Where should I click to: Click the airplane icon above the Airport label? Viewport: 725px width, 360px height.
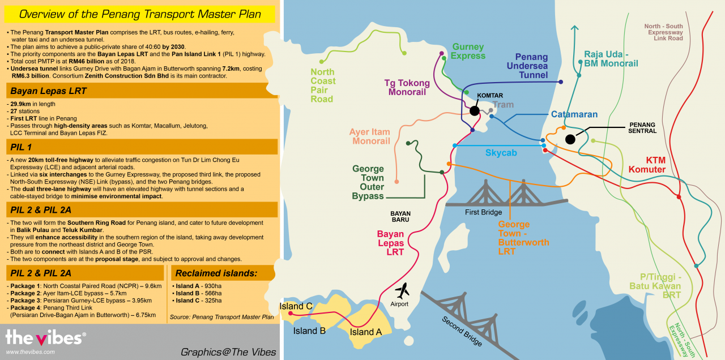[x=402, y=291]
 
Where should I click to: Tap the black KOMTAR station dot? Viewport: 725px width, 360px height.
[x=475, y=111]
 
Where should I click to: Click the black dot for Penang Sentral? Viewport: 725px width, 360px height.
[x=570, y=139]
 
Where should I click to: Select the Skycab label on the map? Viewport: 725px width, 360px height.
[x=501, y=153]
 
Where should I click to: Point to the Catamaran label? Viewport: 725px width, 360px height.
[x=574, y=114]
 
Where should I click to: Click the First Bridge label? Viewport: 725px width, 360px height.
[x=483, y=212]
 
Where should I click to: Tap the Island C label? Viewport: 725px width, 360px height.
[x=296, y=306]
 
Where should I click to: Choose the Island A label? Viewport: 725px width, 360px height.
[x=366, y=332]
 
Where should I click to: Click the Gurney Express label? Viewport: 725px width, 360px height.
[x=468, y=51]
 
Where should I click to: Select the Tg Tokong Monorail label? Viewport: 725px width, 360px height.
[x=407, y=87]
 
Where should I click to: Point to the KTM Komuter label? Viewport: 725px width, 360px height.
[x=647, y=165]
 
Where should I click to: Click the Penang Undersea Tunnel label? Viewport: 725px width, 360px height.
[x=527, y=66]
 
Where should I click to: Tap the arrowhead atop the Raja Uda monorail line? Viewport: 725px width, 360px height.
[x=574, y=28]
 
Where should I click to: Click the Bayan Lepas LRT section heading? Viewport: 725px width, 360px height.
[x=48, y=91]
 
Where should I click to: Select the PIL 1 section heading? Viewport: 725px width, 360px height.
[x=21, y=147]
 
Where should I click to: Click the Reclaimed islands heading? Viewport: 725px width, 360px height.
[x=216, y=273]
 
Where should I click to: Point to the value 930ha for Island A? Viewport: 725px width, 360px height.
[x=213, y=286]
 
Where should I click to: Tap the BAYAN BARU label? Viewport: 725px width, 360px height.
[x=400, y=216]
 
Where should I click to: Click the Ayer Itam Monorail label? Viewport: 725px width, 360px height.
[x=370, y=136]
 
